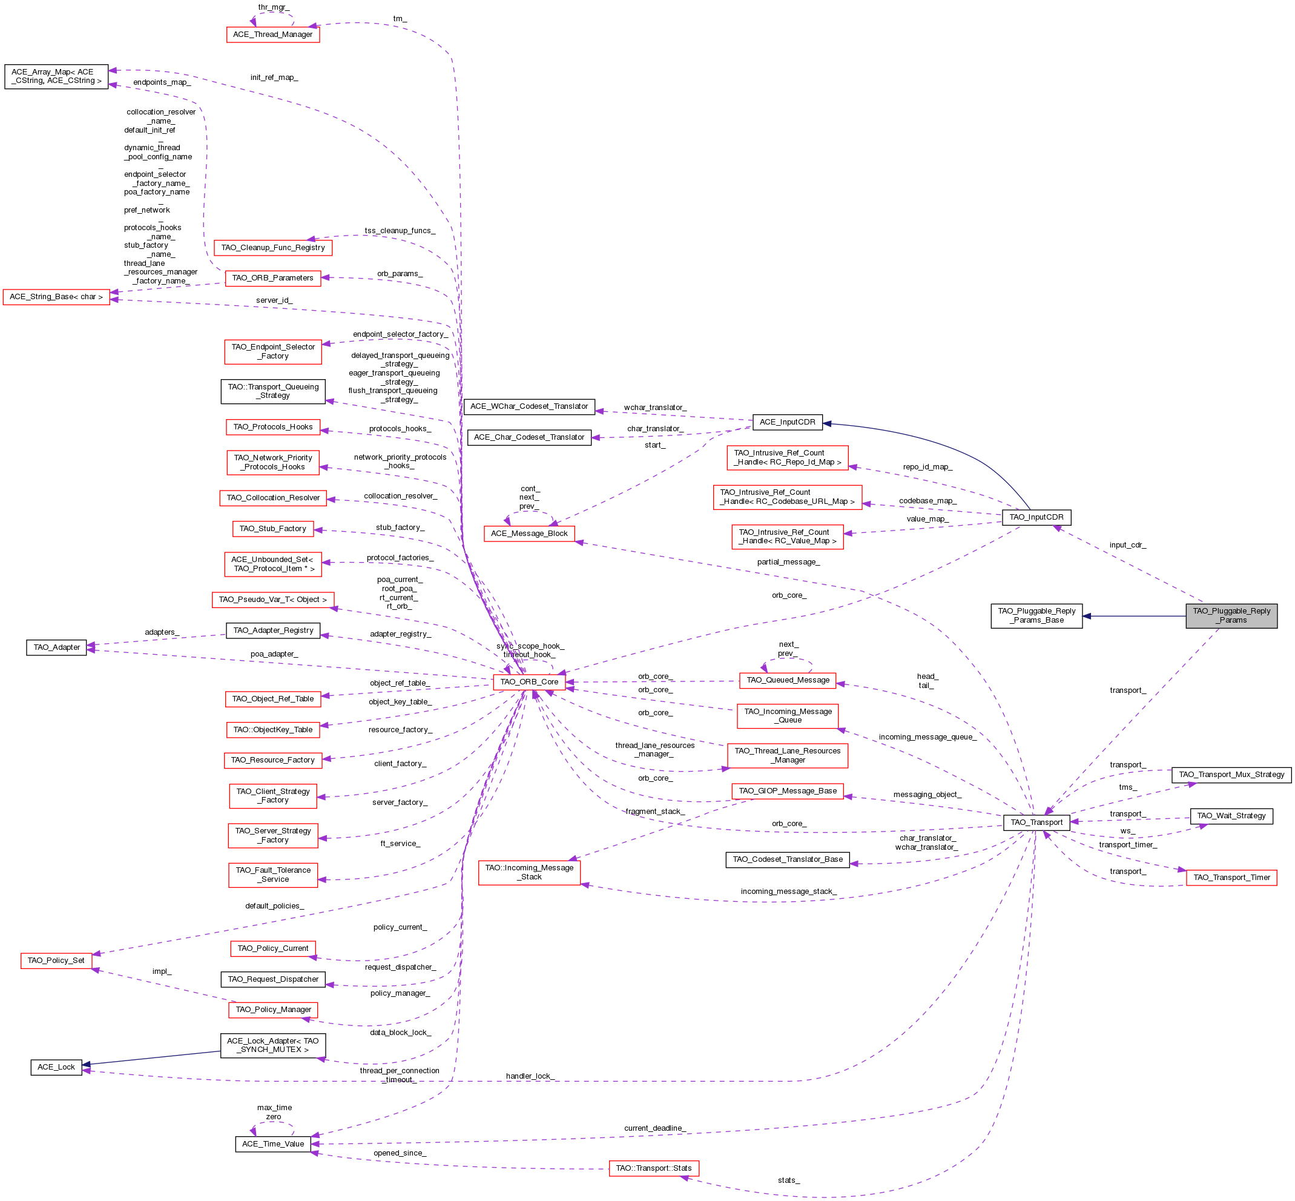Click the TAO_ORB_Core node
529,682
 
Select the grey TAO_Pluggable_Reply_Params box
1231,615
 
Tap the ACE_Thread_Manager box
273,35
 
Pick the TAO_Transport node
1036,822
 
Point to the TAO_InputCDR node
1036,517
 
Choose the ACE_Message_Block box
529,534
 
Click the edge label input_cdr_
1127,545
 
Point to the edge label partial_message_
788,562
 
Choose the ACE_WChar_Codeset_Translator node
529,406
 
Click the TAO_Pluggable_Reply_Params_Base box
1036,615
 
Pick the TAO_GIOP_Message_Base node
788,791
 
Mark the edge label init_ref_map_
274,78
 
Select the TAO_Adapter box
56,647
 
